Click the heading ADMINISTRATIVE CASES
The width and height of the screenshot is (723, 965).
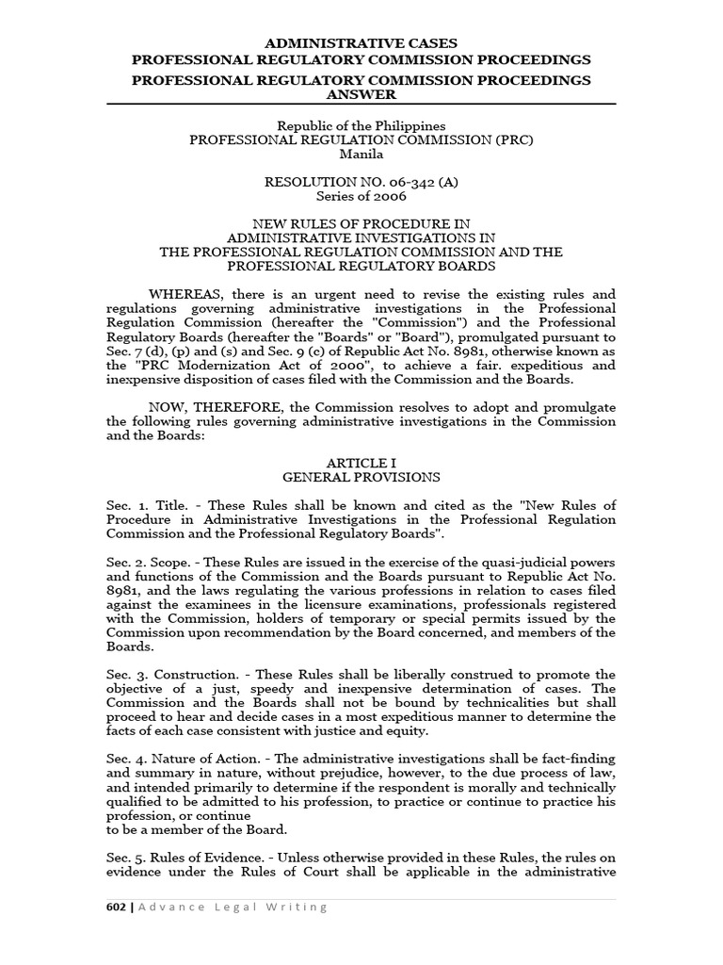click(361, 43)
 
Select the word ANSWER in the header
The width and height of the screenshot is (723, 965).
click(361, 94)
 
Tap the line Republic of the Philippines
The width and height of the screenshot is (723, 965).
click(361, 125)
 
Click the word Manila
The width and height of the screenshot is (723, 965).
click(361, 155)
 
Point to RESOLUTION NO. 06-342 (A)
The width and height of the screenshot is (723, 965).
click(361, 183)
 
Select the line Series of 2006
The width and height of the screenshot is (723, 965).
click(361, 197)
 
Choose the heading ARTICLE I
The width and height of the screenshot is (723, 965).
click(361, 464)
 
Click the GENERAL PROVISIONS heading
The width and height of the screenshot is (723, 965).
click(361, 478)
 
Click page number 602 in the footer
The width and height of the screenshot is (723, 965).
click(117, 907)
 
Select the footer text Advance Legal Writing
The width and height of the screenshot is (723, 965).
click(234, 907)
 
